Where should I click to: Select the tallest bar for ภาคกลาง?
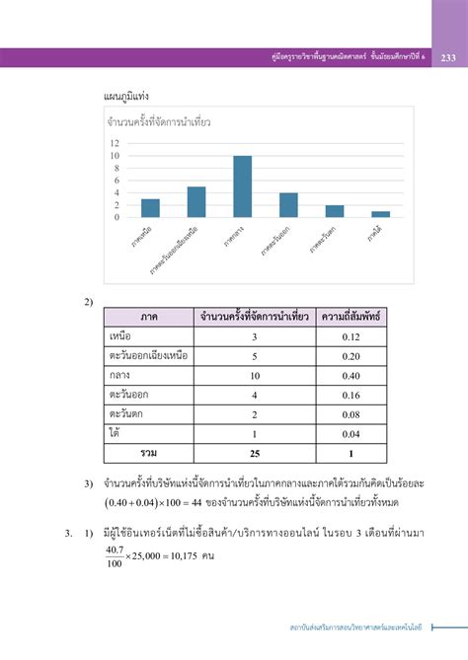pyautogui.click(x=242, y=186)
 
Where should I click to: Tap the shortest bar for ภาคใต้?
pyautogui.click(x=380, y=214)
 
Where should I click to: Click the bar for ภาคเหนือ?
pyautogui.click(x=150, y=207)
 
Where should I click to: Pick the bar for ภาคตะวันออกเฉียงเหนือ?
pyautogui.click(x=196, y=201)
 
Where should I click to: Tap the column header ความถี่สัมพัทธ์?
pyautogui.click(x=351, y=318)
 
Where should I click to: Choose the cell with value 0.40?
pyautogui.click(x=351, y=375)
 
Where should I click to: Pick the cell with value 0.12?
pyautogui.click(x=351, y=337)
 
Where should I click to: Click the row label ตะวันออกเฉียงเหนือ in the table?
pyautogui.click(x=149, y=356)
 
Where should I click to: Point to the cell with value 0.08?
pyautogui.click(x=351, y=413)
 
